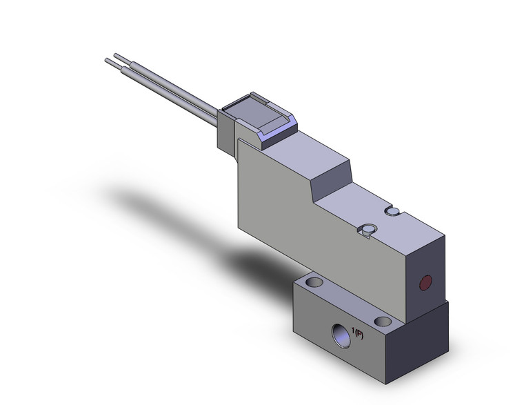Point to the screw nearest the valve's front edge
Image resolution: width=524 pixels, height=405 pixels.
[x=369, y=230]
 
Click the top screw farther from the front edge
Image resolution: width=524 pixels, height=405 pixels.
[x=394, y=210]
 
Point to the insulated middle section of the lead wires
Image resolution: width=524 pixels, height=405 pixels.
[x=172, y=90]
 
